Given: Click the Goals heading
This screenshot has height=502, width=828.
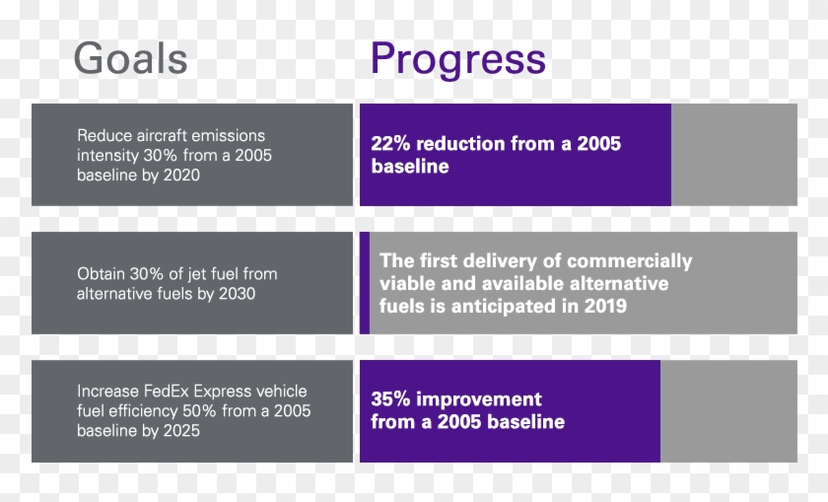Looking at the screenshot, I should (130, 59).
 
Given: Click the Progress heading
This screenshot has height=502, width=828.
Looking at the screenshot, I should (457, 59).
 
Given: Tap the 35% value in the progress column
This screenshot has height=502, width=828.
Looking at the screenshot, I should (390, 399).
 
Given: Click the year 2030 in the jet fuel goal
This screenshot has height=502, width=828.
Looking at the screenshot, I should (236, 293).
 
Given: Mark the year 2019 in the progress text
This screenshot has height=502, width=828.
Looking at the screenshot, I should (604, 306).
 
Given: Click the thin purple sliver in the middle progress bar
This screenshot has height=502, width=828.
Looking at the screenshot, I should (364, 282).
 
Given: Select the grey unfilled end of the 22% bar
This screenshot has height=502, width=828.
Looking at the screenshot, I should (734, 155).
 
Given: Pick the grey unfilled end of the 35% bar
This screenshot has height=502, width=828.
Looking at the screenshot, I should (728, 411).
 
